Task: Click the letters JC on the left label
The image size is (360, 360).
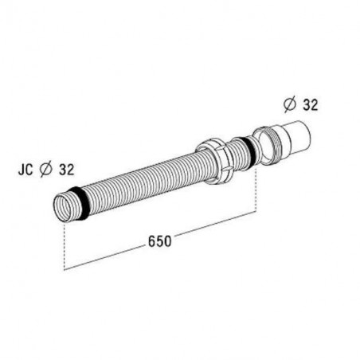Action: pos(25,170)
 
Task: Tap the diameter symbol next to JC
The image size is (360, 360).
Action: pos(45,170)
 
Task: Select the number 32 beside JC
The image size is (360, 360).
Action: pos(66,170)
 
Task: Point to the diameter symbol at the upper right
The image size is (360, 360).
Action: pos(290,105)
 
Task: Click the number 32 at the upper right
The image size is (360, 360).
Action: pos(311,105)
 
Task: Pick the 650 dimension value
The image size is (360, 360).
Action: pos(159,241)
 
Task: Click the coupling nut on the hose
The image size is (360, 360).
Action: pos(215,161)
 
